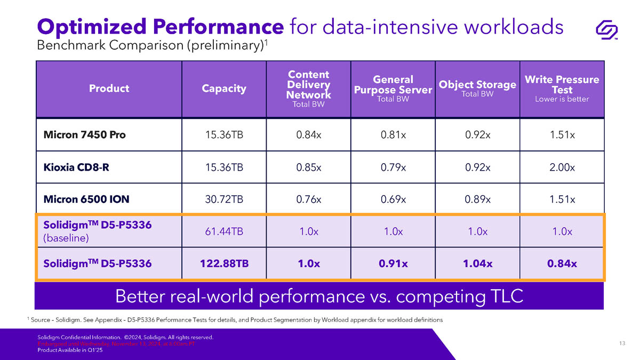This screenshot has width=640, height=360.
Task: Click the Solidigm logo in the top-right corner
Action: click(606, 30)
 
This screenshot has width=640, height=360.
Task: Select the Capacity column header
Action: click(224, 89)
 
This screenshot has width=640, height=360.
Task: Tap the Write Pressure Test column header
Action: click(562, 89)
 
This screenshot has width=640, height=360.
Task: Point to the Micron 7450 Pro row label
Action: click(84, 135)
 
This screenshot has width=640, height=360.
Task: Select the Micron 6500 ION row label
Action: click(86, 199)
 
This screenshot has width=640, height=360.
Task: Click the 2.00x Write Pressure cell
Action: click(562, 167)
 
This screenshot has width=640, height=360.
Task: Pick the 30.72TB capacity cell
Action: click(224, 199)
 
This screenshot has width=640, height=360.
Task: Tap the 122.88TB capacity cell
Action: click(224, 263)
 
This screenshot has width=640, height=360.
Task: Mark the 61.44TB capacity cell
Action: click(224, 231)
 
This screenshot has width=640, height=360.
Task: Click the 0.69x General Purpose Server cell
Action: click(393, 199)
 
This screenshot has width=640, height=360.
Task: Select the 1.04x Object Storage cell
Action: click(477, 263)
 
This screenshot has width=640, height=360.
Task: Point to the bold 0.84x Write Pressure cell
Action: click(562, 263)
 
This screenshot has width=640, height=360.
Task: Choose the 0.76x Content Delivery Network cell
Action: click(308, 199)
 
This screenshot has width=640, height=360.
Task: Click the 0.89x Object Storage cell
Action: click(477, 199)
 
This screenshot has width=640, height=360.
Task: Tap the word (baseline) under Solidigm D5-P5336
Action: click(66, 238)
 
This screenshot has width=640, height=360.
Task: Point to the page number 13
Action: click(622, 343)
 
